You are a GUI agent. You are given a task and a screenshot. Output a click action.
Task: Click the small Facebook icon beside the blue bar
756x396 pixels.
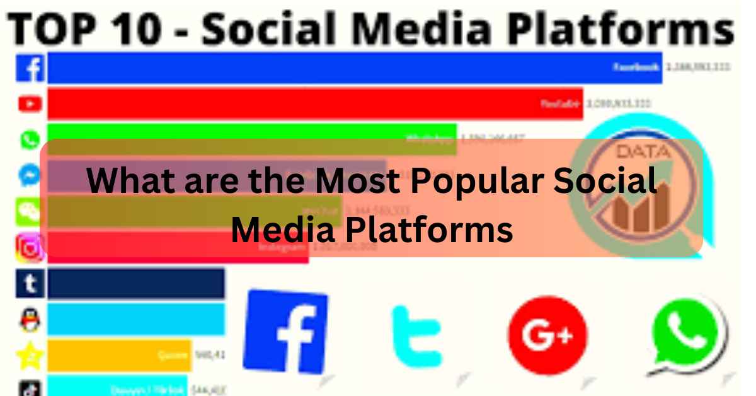coord(30,68)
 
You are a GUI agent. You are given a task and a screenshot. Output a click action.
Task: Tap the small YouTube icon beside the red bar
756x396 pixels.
coord(30,103)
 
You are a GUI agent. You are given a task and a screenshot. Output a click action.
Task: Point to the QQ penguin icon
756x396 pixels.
coord(30,320)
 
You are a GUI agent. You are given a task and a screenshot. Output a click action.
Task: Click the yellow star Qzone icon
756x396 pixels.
coord(30,356)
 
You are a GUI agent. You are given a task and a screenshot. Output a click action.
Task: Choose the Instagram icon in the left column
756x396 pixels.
coord(30,248)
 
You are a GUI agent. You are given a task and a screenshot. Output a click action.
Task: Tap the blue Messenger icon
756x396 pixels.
coord(30,176)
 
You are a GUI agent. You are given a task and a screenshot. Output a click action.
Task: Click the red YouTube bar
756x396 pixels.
coord(315,103)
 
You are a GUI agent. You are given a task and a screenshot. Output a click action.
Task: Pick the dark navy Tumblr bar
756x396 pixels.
coord(135,284)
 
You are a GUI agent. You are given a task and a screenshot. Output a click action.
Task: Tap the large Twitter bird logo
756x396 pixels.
coord(416,335)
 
